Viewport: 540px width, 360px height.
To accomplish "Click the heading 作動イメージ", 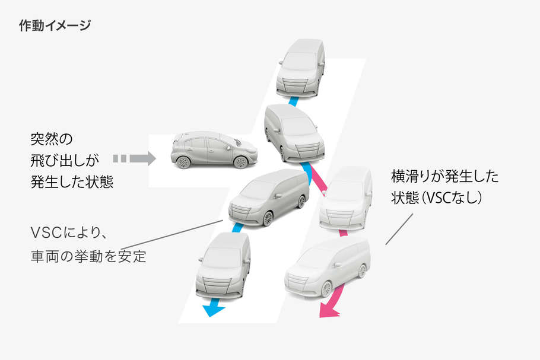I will click(55, 26).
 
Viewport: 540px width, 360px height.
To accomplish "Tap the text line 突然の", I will click(51, 140).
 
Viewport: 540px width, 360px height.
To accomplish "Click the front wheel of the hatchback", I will click(240, 162).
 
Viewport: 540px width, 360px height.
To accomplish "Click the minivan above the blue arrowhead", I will click(223, 265).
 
